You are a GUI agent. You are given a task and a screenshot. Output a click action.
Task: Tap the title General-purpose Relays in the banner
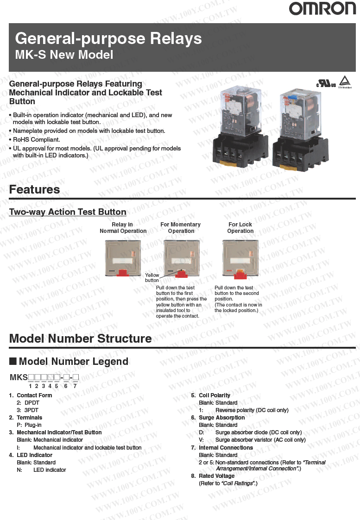tap(108, 38)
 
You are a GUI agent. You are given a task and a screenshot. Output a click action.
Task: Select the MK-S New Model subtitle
tap(64, 55)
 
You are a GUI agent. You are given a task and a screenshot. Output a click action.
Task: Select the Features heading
tap(35, 189)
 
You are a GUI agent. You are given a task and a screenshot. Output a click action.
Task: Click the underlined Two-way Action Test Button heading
tap(68, 212)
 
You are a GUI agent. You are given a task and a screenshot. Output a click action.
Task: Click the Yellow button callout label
tap(152, 278)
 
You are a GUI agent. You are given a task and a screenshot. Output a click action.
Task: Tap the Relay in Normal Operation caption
tap(123, 228)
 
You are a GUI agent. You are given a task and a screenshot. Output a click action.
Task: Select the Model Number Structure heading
tap(81, 338)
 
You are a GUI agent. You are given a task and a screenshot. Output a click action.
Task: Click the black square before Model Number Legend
tap(13, 361)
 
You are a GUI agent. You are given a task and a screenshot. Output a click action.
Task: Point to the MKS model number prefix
tap(19, 377)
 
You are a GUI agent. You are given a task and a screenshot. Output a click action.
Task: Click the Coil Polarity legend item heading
tap(215, 395)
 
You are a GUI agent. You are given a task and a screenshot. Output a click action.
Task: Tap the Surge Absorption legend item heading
tap(221, 418)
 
